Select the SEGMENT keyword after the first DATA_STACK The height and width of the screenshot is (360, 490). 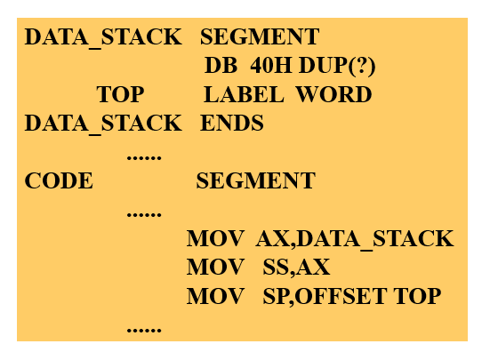[260, 36]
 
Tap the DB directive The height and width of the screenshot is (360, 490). [221, 66]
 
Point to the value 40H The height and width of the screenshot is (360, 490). [271, 66]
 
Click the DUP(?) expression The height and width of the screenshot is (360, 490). [337, 66]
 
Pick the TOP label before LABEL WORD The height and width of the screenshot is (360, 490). [120, 94]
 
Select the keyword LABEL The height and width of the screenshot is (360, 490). [244, 94]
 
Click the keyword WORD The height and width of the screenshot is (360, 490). [333, 94]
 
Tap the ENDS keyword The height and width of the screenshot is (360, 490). [232, 123]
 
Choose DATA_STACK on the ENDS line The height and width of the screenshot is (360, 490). [103, 124]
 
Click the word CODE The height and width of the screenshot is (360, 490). [59, 180]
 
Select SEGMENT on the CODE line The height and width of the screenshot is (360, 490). [255, 180]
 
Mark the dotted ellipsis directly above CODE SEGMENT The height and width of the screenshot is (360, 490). [144, 157]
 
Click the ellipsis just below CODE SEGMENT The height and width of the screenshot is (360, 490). [144, 215]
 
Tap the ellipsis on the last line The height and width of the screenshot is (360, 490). [144, 330]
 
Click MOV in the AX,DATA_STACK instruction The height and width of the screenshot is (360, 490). [215, 238]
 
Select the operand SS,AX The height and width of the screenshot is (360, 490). [296, 268]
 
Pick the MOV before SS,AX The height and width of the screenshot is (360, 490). [215, 268]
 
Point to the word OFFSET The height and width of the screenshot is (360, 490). [341, 296]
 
